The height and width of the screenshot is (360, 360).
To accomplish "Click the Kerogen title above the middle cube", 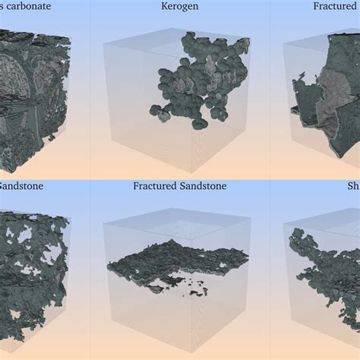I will [179, 7].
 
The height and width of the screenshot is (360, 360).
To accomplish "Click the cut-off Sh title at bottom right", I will [352, 185].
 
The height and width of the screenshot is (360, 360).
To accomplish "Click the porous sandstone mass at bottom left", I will [34, 273].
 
